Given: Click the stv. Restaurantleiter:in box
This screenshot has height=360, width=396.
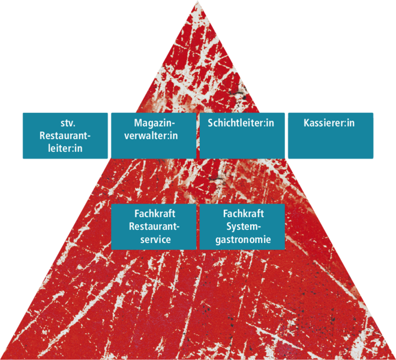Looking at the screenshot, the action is [x=65, y=136].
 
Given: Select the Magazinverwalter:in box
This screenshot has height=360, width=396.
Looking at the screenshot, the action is [x=154, y=136].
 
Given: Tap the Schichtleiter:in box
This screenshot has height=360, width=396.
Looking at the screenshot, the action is [x=242, y=136].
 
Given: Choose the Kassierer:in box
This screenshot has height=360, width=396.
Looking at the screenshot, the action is [x=331, y=136].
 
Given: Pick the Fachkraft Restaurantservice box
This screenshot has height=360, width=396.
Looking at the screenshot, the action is [x=154, y=227].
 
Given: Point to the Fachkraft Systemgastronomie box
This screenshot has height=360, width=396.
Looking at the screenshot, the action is [x=242, y=227].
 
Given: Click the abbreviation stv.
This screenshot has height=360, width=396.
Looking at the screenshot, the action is [x=68, y=123].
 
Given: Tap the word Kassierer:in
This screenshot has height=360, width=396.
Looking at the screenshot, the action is [x=329, y=123].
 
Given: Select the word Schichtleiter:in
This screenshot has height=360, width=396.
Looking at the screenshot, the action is [x=241, y=123].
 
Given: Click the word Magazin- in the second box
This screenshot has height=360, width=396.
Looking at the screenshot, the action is [x=155, y=123].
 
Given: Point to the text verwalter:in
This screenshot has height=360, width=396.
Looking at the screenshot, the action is [x=151, y=136].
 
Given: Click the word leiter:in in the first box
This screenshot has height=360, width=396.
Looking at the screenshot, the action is [x=65, y=148].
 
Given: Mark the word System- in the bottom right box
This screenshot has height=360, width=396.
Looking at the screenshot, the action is [x=244, y=227].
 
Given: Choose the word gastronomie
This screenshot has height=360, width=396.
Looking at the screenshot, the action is [x=243, y=239].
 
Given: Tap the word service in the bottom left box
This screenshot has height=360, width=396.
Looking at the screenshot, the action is [x=155, y=239].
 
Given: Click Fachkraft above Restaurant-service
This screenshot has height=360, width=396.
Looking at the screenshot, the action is [x=155, y=214].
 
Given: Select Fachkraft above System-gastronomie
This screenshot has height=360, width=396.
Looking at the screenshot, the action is [x=244, y=214].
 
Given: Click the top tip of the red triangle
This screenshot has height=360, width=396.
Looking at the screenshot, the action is [x=198, y=1].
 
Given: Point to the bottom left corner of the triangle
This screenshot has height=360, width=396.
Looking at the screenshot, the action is [x=1, y=358].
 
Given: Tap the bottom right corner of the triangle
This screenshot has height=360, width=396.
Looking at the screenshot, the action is [x=395, y=358].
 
